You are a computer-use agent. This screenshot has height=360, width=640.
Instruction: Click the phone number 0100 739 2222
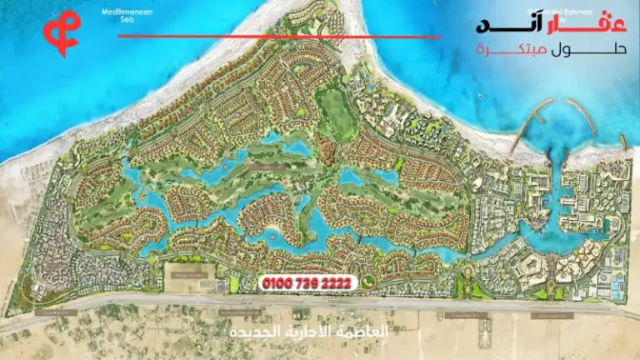click(x=307, y=284)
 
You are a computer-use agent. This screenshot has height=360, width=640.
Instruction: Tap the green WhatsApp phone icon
click(x=367, y=283)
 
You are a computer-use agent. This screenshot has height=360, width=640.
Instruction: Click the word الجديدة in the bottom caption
click(x=253, y=332)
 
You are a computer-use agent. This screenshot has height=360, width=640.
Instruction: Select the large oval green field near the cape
click(x=332, y=109)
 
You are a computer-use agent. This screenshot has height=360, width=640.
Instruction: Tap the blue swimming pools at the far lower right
click(x=616, y=283)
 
